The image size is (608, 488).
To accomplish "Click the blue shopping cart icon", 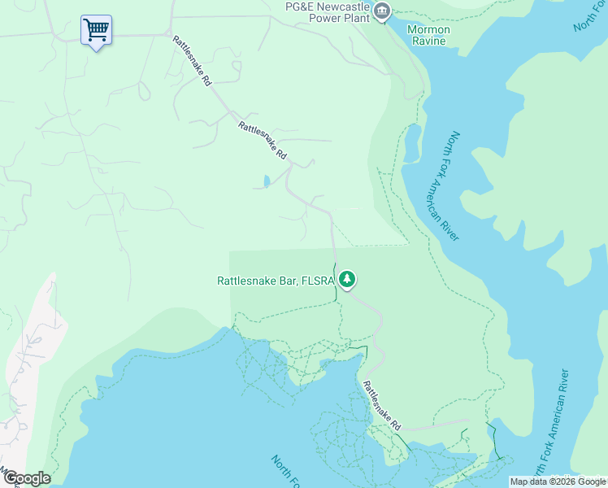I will pyautogui.click(x=96, y=31).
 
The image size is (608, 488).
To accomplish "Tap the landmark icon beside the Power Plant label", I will pyautogui.click(x=382, y=11).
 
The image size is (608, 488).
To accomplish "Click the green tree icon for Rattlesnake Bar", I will pyautogui.click(x=347, y=280).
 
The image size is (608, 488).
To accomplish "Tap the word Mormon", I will pyautogui.click(x=428, y=30).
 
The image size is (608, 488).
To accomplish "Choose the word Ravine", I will pyautogui.click(x=428, y=41).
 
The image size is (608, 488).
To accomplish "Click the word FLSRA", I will pyautogui.click(x=318, y=281).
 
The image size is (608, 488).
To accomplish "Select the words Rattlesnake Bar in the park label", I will pyautogui.click(x=257, y=281).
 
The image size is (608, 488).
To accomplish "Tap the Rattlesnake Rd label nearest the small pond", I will pyautogui.click(x=263, y=140).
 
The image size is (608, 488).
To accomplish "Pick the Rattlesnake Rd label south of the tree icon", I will pyautogui.click(x=382, y=406).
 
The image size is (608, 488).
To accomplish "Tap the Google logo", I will pyautogui.click(x=26, y=478).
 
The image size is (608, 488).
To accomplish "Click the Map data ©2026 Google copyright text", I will pyautogui.click(x=557, y=481).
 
